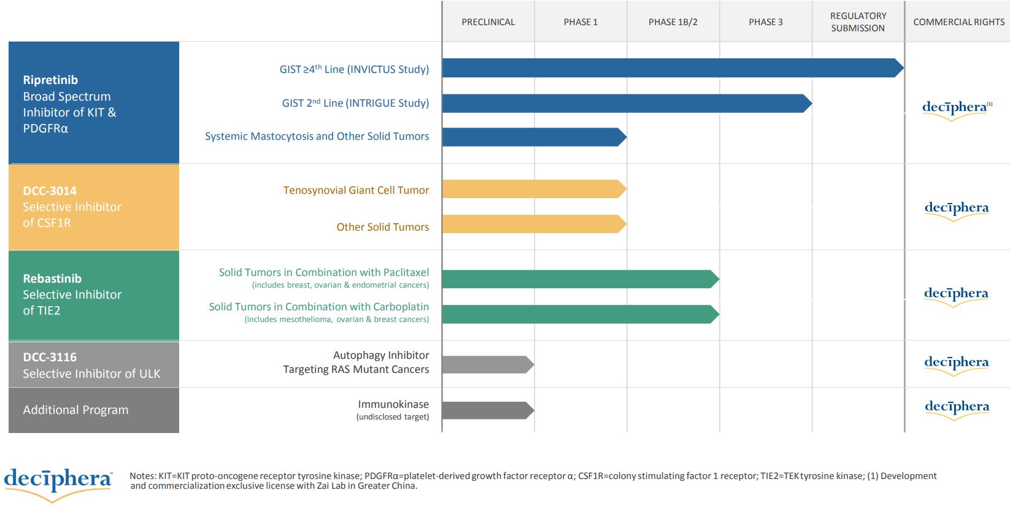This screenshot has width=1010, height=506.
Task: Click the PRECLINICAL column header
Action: pos(488,22)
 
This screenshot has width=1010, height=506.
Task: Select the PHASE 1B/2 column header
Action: pos(673,22)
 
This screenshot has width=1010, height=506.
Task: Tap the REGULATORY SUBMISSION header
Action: pos(858,22)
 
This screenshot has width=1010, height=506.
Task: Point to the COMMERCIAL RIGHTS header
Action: pos(958,22)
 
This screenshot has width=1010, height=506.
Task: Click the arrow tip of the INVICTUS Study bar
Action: pos(900,68)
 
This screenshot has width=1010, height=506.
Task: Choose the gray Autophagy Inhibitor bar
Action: pos(486,365)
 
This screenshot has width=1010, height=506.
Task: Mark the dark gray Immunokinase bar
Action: pos(486,410)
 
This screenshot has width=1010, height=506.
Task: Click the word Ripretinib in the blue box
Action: pos(50,80)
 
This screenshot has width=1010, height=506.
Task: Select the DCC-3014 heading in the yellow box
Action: pos(50,191)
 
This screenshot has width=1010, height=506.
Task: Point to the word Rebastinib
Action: pos(52,278)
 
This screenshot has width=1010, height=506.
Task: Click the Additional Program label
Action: pos(75,410)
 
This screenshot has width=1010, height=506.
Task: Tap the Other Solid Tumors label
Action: pos(382,227)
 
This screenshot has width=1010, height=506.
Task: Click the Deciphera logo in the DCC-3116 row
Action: pos(956,363)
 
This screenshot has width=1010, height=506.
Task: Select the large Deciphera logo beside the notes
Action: pos(58,481)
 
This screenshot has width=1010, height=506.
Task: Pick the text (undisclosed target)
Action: pos(392,417)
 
